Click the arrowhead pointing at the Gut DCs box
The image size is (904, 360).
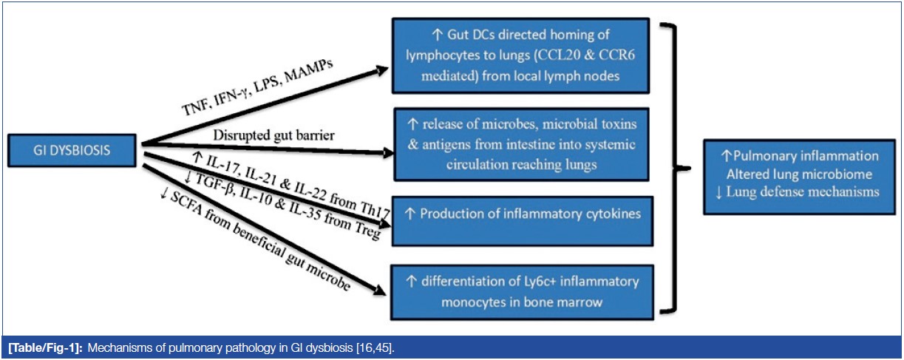(x=381, y=70)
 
